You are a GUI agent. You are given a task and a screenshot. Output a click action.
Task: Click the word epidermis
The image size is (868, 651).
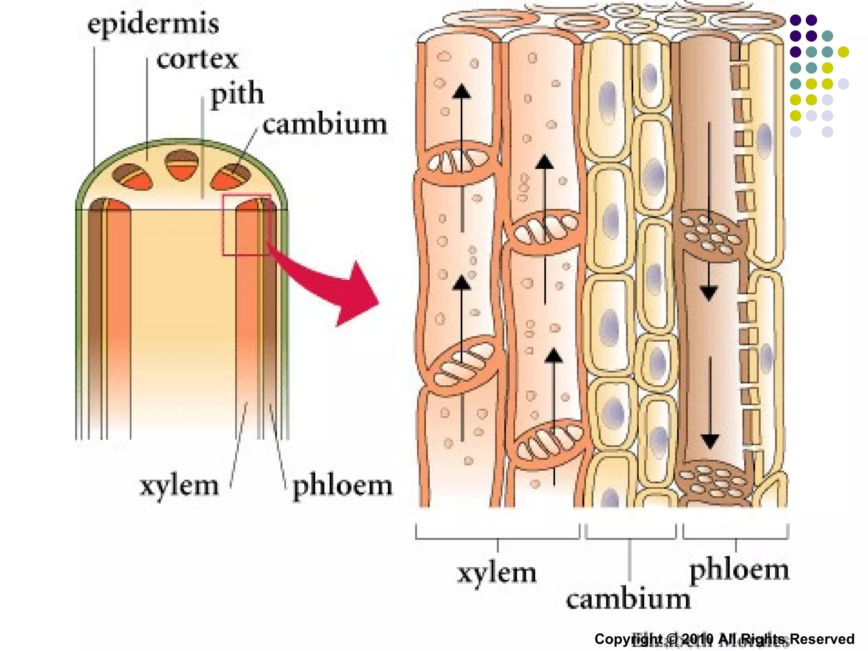153,24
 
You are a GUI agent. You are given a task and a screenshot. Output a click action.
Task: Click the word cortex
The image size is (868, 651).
197,59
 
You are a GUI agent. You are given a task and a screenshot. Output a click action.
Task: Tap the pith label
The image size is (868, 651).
237,94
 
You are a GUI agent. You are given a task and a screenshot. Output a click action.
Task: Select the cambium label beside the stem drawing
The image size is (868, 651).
324,125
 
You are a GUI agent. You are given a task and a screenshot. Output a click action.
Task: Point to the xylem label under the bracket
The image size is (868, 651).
497,573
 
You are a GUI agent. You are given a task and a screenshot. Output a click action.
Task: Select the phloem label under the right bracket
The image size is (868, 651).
739,570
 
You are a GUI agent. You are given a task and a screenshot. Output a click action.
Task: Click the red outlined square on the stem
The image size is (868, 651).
247,225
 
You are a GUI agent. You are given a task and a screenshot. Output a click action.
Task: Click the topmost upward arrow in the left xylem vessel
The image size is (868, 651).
462,91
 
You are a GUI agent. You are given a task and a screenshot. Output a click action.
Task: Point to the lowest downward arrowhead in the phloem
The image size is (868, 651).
710,441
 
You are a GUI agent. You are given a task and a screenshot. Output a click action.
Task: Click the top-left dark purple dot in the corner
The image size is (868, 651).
796,20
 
